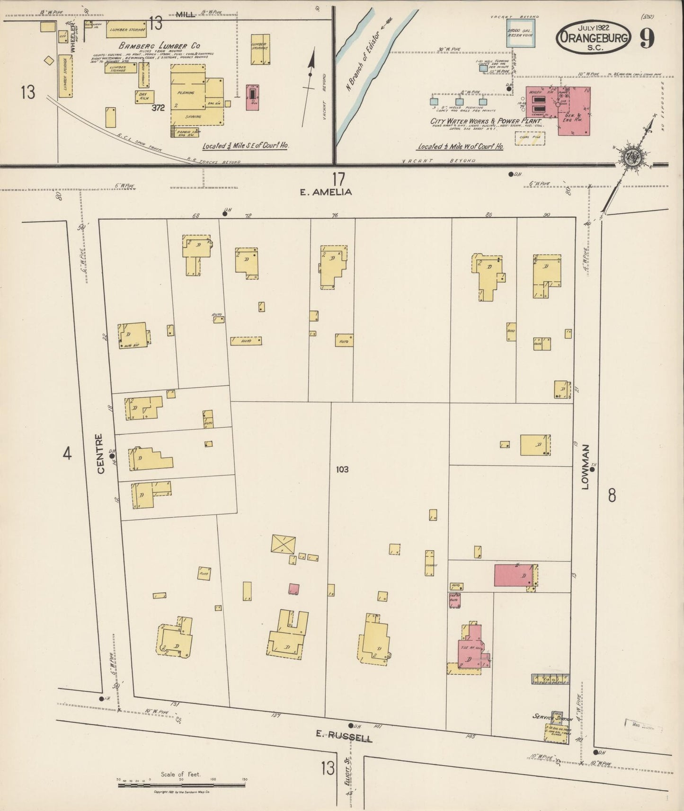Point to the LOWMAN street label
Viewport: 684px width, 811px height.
point(586,466)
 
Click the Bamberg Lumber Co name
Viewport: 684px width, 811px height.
point(159,46)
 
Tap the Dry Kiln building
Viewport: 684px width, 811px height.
point(143,97)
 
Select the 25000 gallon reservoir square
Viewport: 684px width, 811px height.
point(522,33)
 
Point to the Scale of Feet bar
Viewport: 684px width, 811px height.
point(182,786)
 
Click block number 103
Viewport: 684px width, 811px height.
point(342,469)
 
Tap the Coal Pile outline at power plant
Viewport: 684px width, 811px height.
point(530,138)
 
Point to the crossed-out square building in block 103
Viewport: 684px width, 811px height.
point(284,544)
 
